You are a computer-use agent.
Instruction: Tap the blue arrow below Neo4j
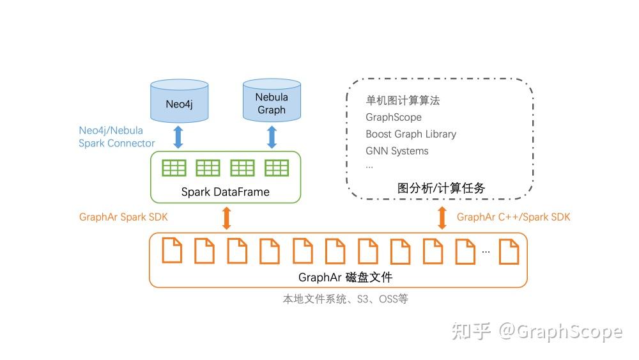click(179, 137)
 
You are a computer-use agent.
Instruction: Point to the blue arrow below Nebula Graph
click(272, 137)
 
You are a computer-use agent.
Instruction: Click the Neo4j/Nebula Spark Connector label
click(116, 137)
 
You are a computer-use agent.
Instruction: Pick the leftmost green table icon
click(174, 168)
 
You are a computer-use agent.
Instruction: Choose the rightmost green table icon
click(277, 168)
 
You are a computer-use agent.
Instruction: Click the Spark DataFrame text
click(226, 192)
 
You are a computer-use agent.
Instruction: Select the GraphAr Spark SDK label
click(123, 217)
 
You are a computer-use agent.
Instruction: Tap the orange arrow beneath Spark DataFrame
click(226, 217)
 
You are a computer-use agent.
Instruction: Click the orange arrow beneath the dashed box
click(442, 217)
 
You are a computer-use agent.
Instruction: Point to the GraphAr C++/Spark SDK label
click(513, 217)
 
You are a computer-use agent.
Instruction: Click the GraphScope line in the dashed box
click(394, 118)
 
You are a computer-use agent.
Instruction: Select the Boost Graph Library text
click(411, 134)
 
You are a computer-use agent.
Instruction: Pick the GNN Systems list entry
click(397, 151)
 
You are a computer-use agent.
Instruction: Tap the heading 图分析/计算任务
click(441, 188)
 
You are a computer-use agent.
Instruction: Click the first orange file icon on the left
click(172, 251)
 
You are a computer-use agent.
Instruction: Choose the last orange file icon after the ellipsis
click(509, 251)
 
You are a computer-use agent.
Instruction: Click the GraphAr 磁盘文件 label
click(345, 277)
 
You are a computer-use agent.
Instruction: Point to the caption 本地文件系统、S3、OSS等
click(345, 299)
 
